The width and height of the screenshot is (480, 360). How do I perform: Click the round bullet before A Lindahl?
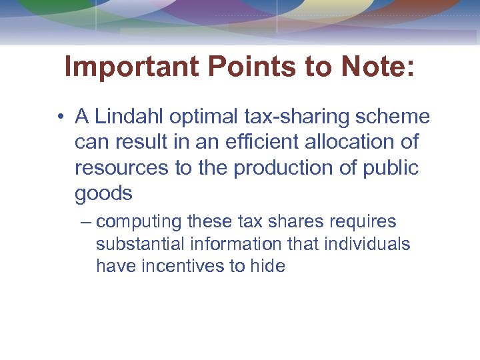60,117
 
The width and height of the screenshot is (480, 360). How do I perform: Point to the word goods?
103,193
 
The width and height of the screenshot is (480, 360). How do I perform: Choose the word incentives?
177,266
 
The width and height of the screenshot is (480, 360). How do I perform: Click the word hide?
267,266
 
